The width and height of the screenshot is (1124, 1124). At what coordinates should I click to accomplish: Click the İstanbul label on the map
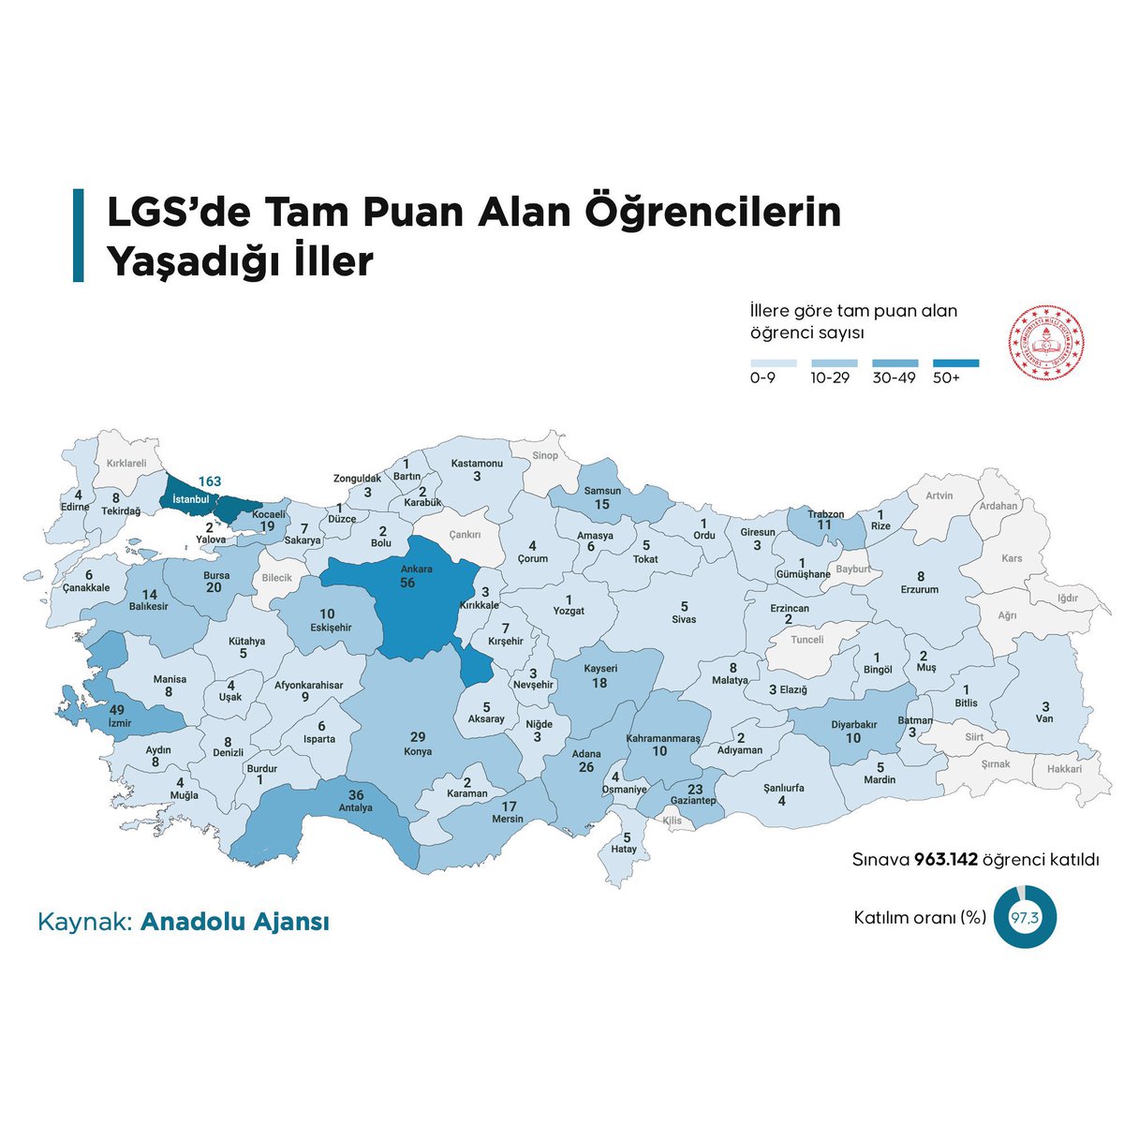click(190, 499)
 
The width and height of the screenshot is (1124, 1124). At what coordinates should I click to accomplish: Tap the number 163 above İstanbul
click(209, 481)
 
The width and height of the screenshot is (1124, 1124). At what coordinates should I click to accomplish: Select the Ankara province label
click(417, 569)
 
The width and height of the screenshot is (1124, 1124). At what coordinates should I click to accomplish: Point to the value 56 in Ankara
click(407, 583)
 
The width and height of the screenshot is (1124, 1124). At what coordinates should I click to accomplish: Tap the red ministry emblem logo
click(1045, 343)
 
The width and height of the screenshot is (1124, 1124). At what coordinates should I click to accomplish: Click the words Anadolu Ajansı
click(235, 922)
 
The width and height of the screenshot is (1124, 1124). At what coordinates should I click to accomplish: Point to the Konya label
click(417, 751)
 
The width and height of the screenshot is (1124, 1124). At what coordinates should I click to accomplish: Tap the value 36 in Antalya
click(356, 794)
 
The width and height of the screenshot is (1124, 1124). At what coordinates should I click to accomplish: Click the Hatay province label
click(624, 849)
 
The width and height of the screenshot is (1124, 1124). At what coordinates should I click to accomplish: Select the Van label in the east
click(1045, 718)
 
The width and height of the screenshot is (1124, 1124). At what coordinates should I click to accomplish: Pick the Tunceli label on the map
click(807, 640)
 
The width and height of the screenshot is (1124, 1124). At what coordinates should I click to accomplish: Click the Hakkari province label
click(1064, 769)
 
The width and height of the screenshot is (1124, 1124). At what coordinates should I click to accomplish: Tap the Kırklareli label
click(126, 463)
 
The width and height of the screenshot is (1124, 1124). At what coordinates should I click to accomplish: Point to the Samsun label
click(602, 491)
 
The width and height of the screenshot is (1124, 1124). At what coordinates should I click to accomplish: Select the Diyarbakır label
click(853, 724)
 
